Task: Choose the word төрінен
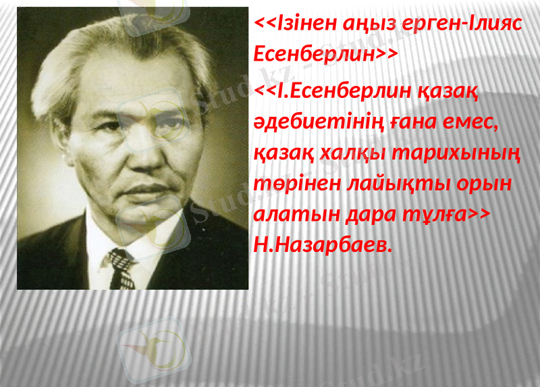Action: click(292, 184)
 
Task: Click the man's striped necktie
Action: click(122, 267)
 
